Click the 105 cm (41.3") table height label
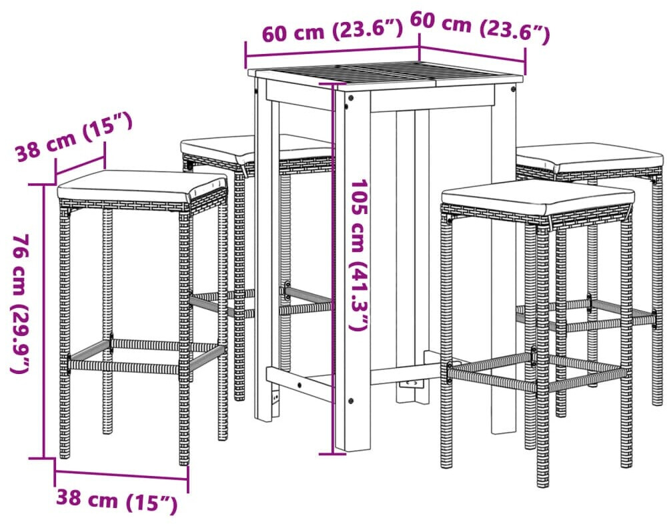(359, 255)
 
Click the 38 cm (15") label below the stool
(117, 501)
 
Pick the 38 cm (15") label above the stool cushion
(74, 138)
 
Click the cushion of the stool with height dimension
(141, 185)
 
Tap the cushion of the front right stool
(538, 197)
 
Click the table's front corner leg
(352, 269)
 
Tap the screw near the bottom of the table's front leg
(351, 401)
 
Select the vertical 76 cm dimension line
(44, 321)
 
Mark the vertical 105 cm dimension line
(332, 269)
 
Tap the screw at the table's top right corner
(513, 89)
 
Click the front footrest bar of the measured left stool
(124, 367)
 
